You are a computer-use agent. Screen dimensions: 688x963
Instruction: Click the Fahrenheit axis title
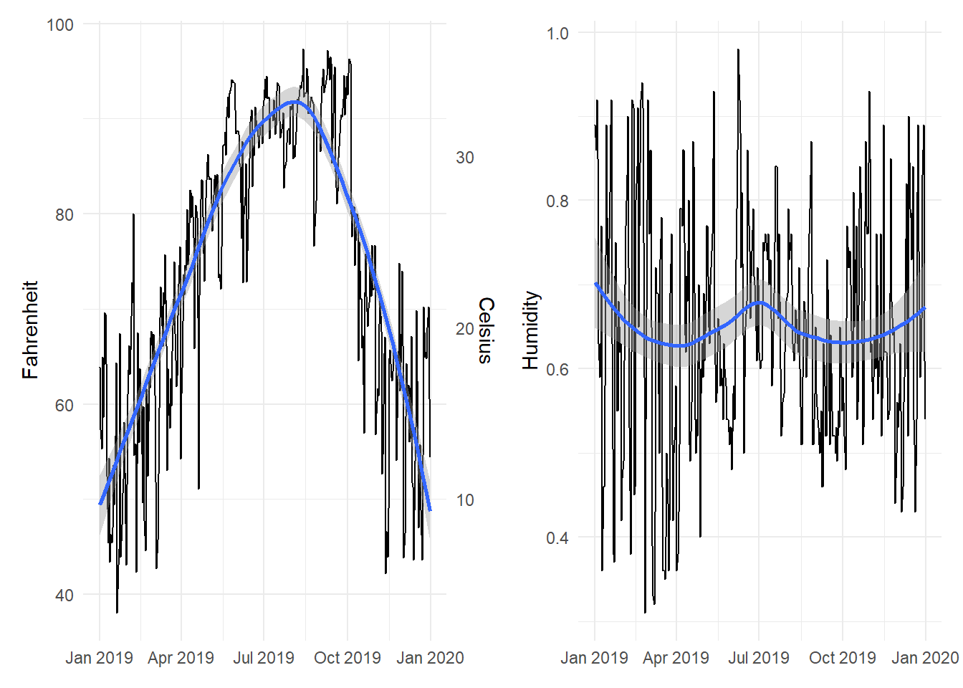30,330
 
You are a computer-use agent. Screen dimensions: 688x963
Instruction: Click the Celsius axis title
486,330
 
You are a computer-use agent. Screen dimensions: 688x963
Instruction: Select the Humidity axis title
530,330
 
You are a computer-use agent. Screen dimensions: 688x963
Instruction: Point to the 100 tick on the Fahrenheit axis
60,25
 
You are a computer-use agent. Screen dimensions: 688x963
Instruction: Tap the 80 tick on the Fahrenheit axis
64,215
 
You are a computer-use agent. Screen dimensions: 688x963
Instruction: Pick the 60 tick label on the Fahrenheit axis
64,406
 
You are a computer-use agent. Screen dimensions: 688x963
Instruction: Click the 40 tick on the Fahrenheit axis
64,596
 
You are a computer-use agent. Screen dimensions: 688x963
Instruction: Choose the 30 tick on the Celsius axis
465,158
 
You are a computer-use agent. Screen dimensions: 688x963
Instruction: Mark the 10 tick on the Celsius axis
465,500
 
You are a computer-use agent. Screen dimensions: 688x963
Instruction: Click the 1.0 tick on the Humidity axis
557,34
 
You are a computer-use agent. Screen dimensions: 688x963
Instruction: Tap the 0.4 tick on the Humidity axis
557,538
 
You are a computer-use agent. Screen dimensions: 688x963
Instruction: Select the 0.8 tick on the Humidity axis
557,201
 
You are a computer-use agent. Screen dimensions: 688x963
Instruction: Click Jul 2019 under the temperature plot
264,658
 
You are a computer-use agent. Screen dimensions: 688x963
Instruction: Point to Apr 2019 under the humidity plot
676,658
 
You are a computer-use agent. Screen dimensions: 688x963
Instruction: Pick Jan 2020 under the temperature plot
430,658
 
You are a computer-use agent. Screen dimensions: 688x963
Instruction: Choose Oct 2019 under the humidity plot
842,658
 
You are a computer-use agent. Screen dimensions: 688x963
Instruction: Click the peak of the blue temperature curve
294,102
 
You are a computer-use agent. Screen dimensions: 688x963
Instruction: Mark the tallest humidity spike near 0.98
738,50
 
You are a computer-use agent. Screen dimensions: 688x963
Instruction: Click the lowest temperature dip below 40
117,612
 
